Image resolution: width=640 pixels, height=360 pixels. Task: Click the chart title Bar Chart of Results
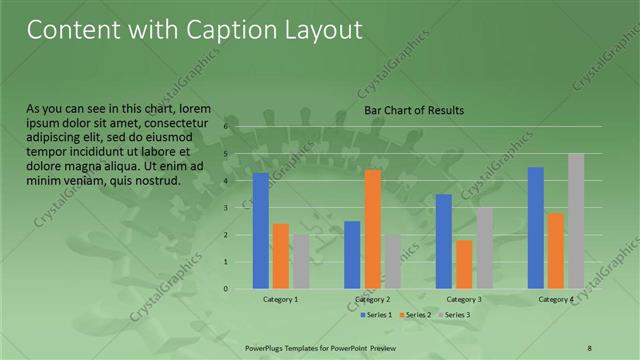pyautogui.click(x=413, y=110)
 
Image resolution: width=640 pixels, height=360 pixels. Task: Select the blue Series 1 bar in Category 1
pyautogui.click(x=261, y=231)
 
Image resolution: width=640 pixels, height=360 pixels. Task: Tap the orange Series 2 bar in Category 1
pyautogui.click(x=281, y=256)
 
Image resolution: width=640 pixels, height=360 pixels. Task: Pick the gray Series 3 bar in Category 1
pyautogui.click(x=301, y=262)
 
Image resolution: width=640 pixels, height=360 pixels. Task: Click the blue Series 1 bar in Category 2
pyautogui.click(x=352, y=255)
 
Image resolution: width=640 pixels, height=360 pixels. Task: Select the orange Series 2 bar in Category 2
pyautogui.click(x=372, y=229)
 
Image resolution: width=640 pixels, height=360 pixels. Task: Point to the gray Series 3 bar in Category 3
pyautogui.click(x=484, y=248)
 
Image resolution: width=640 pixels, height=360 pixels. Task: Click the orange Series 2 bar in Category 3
pyautogui.click(x=464, y=264)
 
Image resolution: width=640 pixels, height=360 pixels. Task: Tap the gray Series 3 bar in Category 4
pyautogui.click(x=575, y=221)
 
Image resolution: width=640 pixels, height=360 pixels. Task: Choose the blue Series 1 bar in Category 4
pyautogui.click(x=535, y=228)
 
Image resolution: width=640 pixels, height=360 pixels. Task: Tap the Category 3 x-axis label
pyautogui.click(x=464, y=299)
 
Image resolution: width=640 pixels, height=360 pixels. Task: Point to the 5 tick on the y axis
pyautogui.click(x=226, y=154)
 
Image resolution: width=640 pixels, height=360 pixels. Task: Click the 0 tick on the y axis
pyautogui.click(x=226, y=289)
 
